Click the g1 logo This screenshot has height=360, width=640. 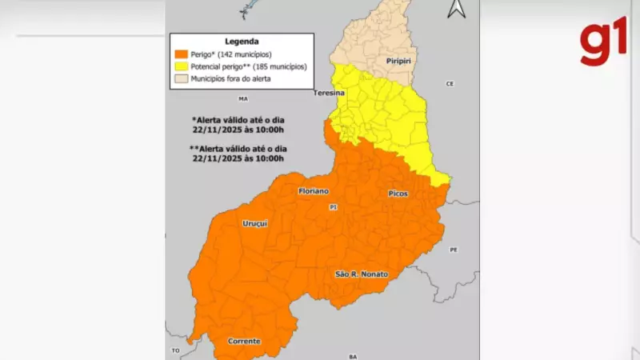(604, 45)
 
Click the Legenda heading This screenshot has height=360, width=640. (241, 41)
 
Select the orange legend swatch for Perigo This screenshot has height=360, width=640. (181, 54)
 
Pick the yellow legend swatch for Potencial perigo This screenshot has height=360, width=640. (181, 66)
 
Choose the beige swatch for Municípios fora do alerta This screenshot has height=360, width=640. (181, 79)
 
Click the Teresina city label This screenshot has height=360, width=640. (329, 94)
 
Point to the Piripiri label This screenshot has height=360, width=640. (398, 61)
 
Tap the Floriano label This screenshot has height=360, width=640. (314, 192)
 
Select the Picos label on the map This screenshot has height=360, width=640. (398, 194)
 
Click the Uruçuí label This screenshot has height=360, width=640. (254, 223)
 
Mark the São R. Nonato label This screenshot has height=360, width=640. (361, 274)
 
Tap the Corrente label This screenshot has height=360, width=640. (244, 342)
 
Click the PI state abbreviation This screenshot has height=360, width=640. (334, 207)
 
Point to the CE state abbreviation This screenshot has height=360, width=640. (450, 84)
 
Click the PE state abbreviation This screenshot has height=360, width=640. (453, 250)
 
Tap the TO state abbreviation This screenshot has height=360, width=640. (175, 350)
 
